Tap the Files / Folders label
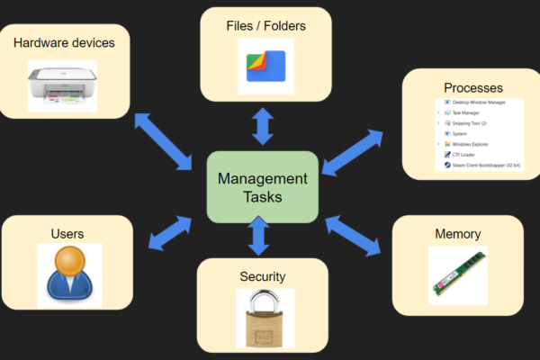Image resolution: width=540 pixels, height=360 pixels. coord(266,26)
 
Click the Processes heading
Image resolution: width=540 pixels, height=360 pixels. coord(473,88)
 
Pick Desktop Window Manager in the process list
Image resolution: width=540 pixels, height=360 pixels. coord(482,103)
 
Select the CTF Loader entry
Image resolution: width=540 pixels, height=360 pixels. coord(467,155)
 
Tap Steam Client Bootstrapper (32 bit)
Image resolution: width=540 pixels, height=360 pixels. coord(486,165)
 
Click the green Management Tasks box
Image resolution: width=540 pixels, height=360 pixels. coord(262,187)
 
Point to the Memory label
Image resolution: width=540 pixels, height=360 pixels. coord(457,234)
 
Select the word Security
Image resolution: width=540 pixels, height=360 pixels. coord(263,276)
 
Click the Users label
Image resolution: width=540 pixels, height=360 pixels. coord(67,234)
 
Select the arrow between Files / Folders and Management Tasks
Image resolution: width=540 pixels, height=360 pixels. coord(263,125)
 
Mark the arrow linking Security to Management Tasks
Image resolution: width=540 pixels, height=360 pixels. coord(259,237)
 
